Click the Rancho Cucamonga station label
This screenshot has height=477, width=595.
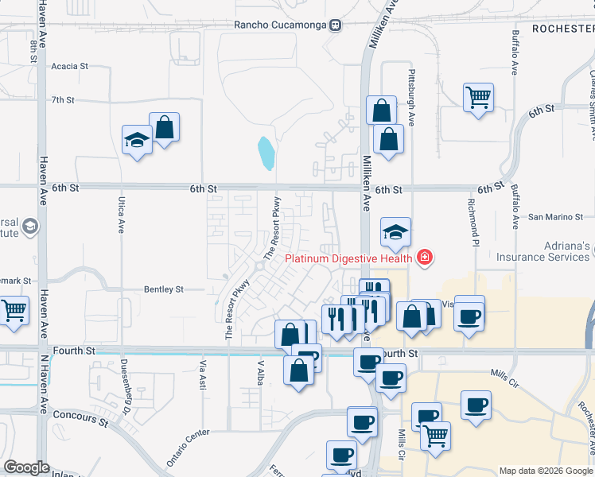(x=280, y=25)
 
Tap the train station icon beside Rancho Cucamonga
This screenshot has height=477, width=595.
(x=336, y=25)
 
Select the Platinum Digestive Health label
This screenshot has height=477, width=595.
(x=348, y=257)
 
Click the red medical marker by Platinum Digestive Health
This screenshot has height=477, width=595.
(x=424, y=257)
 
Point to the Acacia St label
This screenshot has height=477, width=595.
(x=69, y=67)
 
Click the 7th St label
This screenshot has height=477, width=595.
(x=62, y=100)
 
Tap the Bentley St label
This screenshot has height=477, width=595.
(x=163, y=289)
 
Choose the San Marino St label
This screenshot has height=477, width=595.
(x=556, y=216)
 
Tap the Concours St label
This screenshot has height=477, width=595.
(x=80, y=414)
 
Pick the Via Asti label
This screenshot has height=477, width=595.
(x=202, y=374)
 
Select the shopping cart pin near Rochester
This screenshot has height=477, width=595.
(x=478, y=98)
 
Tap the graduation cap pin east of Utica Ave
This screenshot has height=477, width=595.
(x=137, y=141)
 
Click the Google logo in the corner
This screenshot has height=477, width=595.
(x=26, y=467)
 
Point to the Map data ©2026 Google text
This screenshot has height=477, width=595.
(x=545, y=471)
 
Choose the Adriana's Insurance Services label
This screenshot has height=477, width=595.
(x=543, y=251)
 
